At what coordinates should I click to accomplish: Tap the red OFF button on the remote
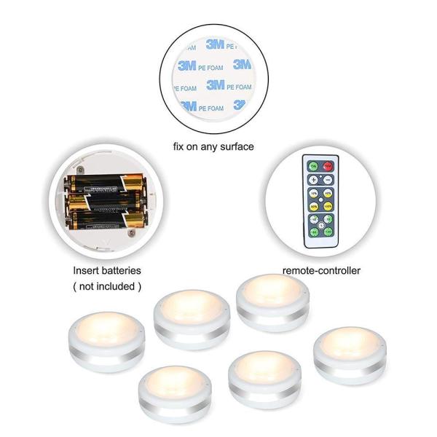[x=328, y=167]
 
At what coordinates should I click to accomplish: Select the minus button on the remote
[x=328, y=181]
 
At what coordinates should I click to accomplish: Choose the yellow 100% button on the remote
[x=328, y=207]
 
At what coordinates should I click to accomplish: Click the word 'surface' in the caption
[x=234, y=146]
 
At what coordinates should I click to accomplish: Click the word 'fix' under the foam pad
[x=179, y=146]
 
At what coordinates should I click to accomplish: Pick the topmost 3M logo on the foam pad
[x=215, y=44]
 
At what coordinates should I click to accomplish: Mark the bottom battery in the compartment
[x=102, y=219]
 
